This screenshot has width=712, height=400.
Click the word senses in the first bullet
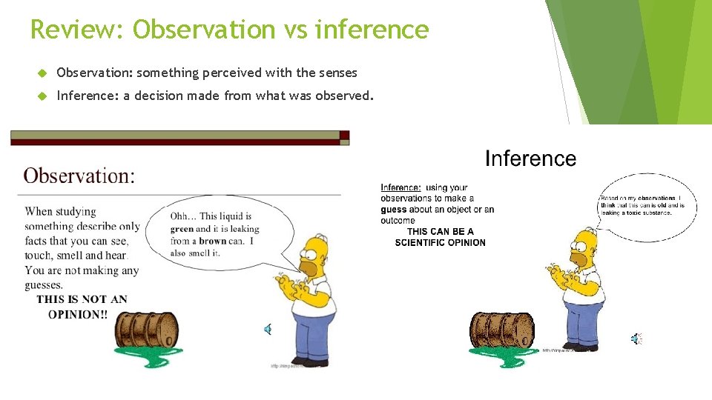[338, 73]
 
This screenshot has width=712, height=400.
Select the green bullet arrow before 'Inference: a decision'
[42, 96]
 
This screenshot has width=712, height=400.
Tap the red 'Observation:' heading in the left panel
[79, 176]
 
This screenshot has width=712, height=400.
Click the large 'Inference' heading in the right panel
[530, 159]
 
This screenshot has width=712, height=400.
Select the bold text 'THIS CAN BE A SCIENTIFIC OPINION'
[440, 237]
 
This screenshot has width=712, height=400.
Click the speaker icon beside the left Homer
[268, 330]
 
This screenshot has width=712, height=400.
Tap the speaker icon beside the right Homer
[636, 339]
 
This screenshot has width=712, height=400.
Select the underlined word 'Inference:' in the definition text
[400, 188]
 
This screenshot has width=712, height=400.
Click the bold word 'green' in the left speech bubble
[182, 229]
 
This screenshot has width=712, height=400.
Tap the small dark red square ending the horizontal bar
[344, 136]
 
